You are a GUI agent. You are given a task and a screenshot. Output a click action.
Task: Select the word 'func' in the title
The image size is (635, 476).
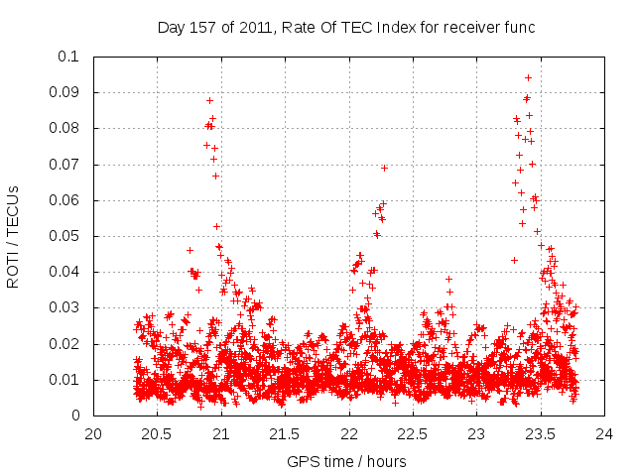coord(519,28)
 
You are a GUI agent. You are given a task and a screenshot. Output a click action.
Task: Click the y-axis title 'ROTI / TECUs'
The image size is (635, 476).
coord(14,236)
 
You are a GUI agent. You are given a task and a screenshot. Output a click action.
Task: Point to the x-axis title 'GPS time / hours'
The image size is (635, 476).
coord(346,461)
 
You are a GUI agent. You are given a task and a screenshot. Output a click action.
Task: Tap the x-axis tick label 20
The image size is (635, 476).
coord(93,433)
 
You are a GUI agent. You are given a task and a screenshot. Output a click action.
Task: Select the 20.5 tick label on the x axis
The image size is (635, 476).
coord(157,433)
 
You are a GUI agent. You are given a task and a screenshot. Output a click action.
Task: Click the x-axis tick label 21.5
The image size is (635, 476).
coord(285,433)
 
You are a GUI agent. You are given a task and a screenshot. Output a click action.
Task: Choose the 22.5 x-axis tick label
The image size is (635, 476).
coord(413,433)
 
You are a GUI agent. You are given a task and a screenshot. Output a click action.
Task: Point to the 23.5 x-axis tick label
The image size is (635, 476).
coord(541,433)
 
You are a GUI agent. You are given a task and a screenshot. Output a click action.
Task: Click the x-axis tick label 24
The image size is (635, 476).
coord(604,433)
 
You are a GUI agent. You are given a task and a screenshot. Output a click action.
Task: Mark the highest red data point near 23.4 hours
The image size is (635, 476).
coord(528,77)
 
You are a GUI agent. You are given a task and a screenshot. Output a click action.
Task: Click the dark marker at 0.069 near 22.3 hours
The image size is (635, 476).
coord(384,168)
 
